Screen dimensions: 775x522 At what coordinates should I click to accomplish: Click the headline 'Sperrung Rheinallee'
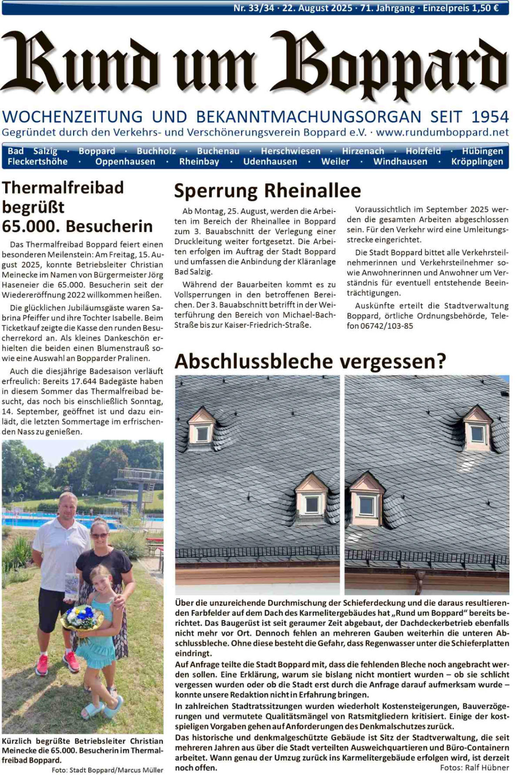[268, 191]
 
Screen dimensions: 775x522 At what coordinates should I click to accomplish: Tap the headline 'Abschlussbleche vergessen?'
[310, 361]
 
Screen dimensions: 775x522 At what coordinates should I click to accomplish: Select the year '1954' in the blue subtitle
[490, 117]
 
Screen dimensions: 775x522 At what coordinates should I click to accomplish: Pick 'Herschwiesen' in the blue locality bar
[291, 151]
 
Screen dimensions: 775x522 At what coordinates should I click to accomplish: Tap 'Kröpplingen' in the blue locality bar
[477, 161]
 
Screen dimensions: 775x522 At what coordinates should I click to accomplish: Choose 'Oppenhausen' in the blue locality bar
[125, 161]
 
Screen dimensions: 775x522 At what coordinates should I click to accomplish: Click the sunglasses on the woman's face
[100, 536]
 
